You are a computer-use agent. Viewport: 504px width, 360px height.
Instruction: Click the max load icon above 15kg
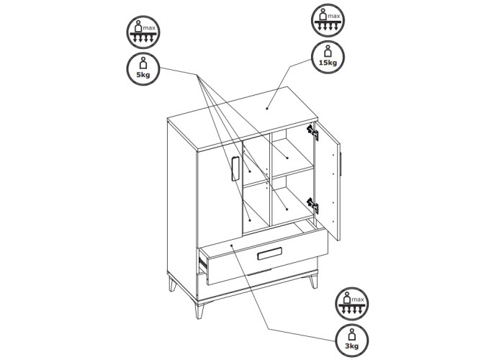click(x=328, y=20)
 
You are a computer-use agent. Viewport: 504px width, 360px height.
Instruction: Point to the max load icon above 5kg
click(x=143, y=32)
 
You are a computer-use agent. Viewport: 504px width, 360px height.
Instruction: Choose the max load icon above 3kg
click(x=352, y=304)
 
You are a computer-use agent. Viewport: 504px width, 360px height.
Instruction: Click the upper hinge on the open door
click(x=312, y=132)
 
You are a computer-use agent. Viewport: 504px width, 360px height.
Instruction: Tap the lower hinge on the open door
click(x=312, y=206)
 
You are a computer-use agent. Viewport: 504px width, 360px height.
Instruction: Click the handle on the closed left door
click(x=235, y=168)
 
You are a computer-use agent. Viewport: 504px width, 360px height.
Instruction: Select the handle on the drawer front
click(x=270, y=253)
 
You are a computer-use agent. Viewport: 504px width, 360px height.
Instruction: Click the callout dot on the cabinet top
click(x=267, y=109)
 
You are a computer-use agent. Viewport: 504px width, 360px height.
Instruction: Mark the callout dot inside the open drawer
click(x=232, y=246)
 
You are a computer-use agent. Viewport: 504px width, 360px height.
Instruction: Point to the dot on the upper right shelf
click(x=287, y=158)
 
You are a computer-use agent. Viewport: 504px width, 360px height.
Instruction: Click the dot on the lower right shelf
click(x=287, y=210)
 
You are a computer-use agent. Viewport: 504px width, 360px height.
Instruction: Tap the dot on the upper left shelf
click(x=250, y=171)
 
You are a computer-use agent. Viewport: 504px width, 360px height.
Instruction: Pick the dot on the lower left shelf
click(x=250, y=220)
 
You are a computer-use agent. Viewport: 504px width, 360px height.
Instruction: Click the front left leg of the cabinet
click(x=199, y=310)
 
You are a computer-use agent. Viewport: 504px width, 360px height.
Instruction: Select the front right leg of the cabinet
click(x=313, y=282)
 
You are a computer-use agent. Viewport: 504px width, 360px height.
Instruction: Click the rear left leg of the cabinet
click(x=173, y=284)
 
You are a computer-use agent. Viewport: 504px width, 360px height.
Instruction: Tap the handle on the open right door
click(x=341, y=164)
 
